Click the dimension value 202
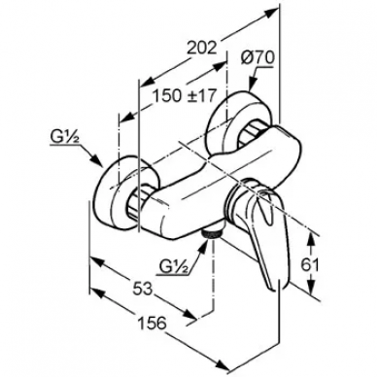coord(201,49)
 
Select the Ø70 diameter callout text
coord(257,59)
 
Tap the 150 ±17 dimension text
coord(185,95)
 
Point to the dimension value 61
coord(310,265)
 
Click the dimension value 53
coord(142,288)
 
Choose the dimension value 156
coord(152,323)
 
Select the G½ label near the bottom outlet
coord(174,268)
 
